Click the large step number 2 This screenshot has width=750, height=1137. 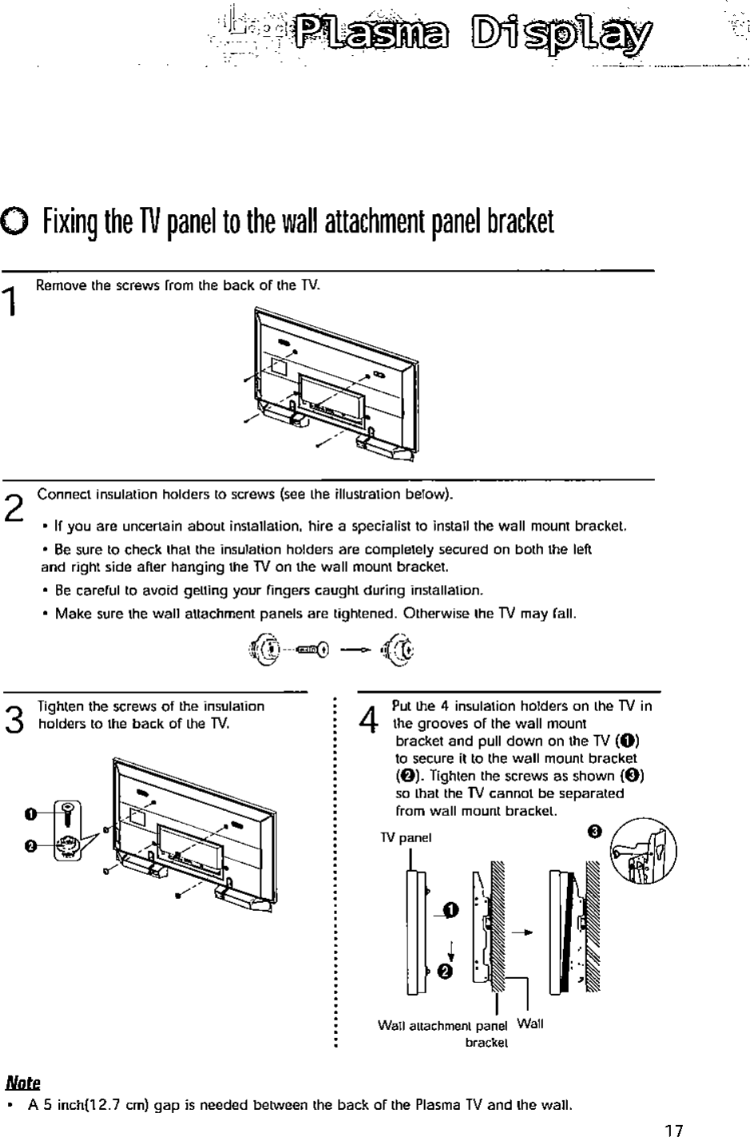13,505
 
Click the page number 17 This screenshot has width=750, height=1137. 674,1130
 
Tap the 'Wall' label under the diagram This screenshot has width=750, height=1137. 530,1024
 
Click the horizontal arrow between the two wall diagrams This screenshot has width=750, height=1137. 522,932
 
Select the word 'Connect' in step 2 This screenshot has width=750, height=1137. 61,493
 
